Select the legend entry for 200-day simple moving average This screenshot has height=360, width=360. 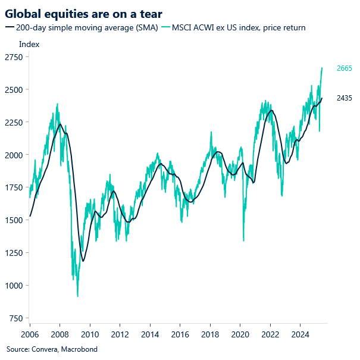(80, 27)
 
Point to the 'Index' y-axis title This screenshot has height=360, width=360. (29, 44)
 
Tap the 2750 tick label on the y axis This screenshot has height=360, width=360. (14, 57)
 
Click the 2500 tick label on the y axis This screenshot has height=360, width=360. (14, 90)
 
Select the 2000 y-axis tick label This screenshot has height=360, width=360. (14, 155)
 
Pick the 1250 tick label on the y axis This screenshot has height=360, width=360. (14, 253)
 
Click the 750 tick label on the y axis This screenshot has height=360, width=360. (15, 318)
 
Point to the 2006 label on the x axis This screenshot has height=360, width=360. (30, 335)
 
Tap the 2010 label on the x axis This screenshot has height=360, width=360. (90, 335)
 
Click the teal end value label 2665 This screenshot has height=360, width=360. (344, 68)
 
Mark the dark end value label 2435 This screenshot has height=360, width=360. (344, 98)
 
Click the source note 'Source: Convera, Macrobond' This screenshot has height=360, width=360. (52, 349)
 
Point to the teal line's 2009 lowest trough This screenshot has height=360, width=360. (77, 296)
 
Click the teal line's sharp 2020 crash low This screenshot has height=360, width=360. (243, 240)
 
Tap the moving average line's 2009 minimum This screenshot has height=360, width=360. (83, 261)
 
